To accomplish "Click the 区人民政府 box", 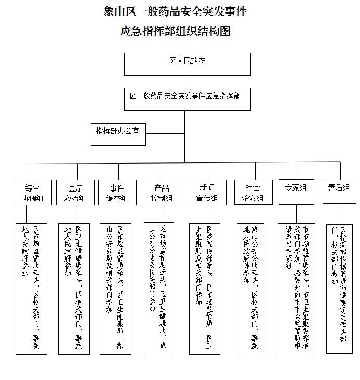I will (x=187, y=64).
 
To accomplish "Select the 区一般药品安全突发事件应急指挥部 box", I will (x=184, y=99).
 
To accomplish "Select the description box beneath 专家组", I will (x=296, y=288).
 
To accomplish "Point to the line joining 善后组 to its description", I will (x=339, y=213).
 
